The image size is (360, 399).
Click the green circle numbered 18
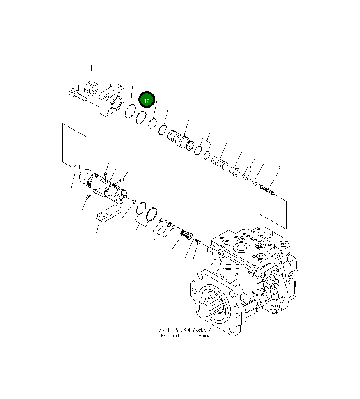[x=147, y=100]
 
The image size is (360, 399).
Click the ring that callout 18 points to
[x=140, y=117]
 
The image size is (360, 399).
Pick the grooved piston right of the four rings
[x=180, y=140]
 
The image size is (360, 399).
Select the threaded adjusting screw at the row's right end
[x=266, y=190]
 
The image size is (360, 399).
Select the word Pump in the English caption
[x=202, y=335]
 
